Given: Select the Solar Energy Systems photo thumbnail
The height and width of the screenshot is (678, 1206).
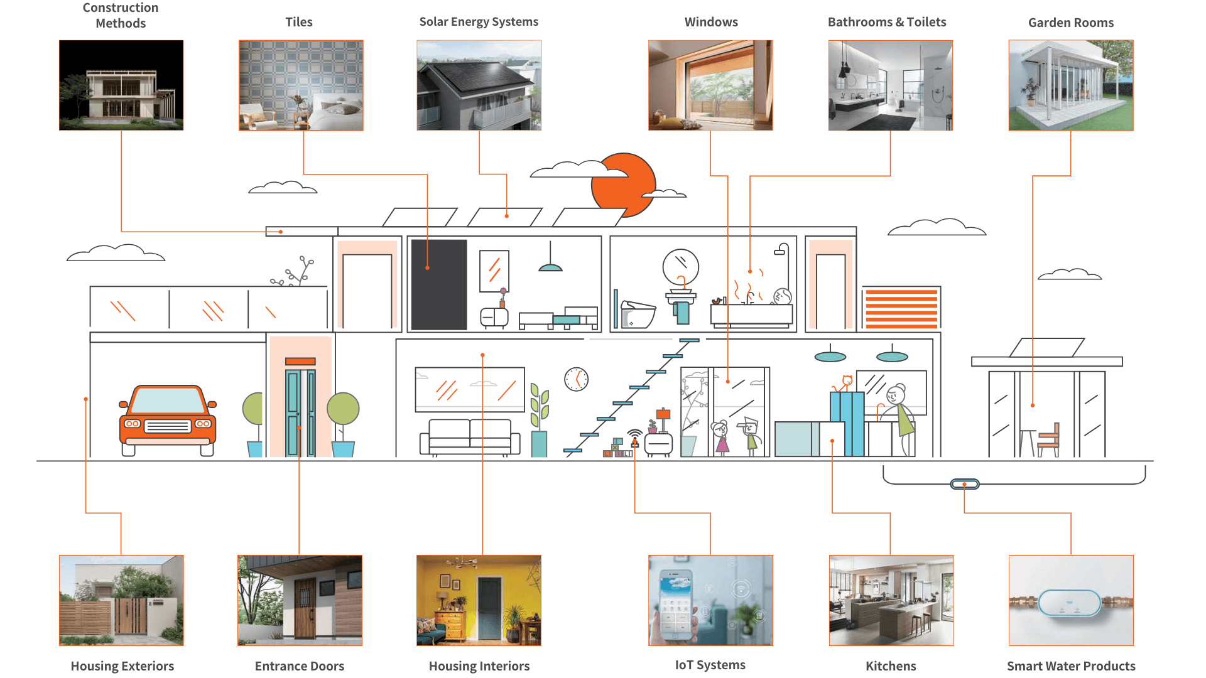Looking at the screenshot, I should coord(479,85).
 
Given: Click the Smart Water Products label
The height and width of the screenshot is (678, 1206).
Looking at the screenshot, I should coord(1071,666).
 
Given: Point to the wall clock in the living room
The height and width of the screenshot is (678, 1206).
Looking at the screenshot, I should coord(576,379).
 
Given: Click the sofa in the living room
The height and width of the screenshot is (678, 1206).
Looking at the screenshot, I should coord(470,436).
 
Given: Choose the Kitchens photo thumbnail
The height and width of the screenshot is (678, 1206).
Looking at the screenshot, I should coord(891,600).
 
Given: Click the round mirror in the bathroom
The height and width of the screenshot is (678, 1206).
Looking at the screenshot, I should coord(681,267).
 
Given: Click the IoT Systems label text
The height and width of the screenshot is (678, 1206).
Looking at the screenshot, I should coord(710,665).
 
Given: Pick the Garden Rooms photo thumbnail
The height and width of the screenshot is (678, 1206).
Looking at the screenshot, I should coord(1071,85).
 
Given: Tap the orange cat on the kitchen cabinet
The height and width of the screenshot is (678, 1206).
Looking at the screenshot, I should coord(846,382).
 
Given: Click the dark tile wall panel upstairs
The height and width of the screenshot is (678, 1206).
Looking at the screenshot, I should coord(439,284).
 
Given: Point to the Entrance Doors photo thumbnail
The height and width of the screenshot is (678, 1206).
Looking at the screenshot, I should coord(300,600).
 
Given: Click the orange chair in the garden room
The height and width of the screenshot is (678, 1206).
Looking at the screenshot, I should coord(1049,439).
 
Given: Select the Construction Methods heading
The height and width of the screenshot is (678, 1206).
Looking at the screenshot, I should coord(121,16).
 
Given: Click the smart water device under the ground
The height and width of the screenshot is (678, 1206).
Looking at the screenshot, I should coord(965,484).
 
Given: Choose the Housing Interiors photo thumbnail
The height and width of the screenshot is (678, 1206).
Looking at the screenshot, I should coord(479,600).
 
